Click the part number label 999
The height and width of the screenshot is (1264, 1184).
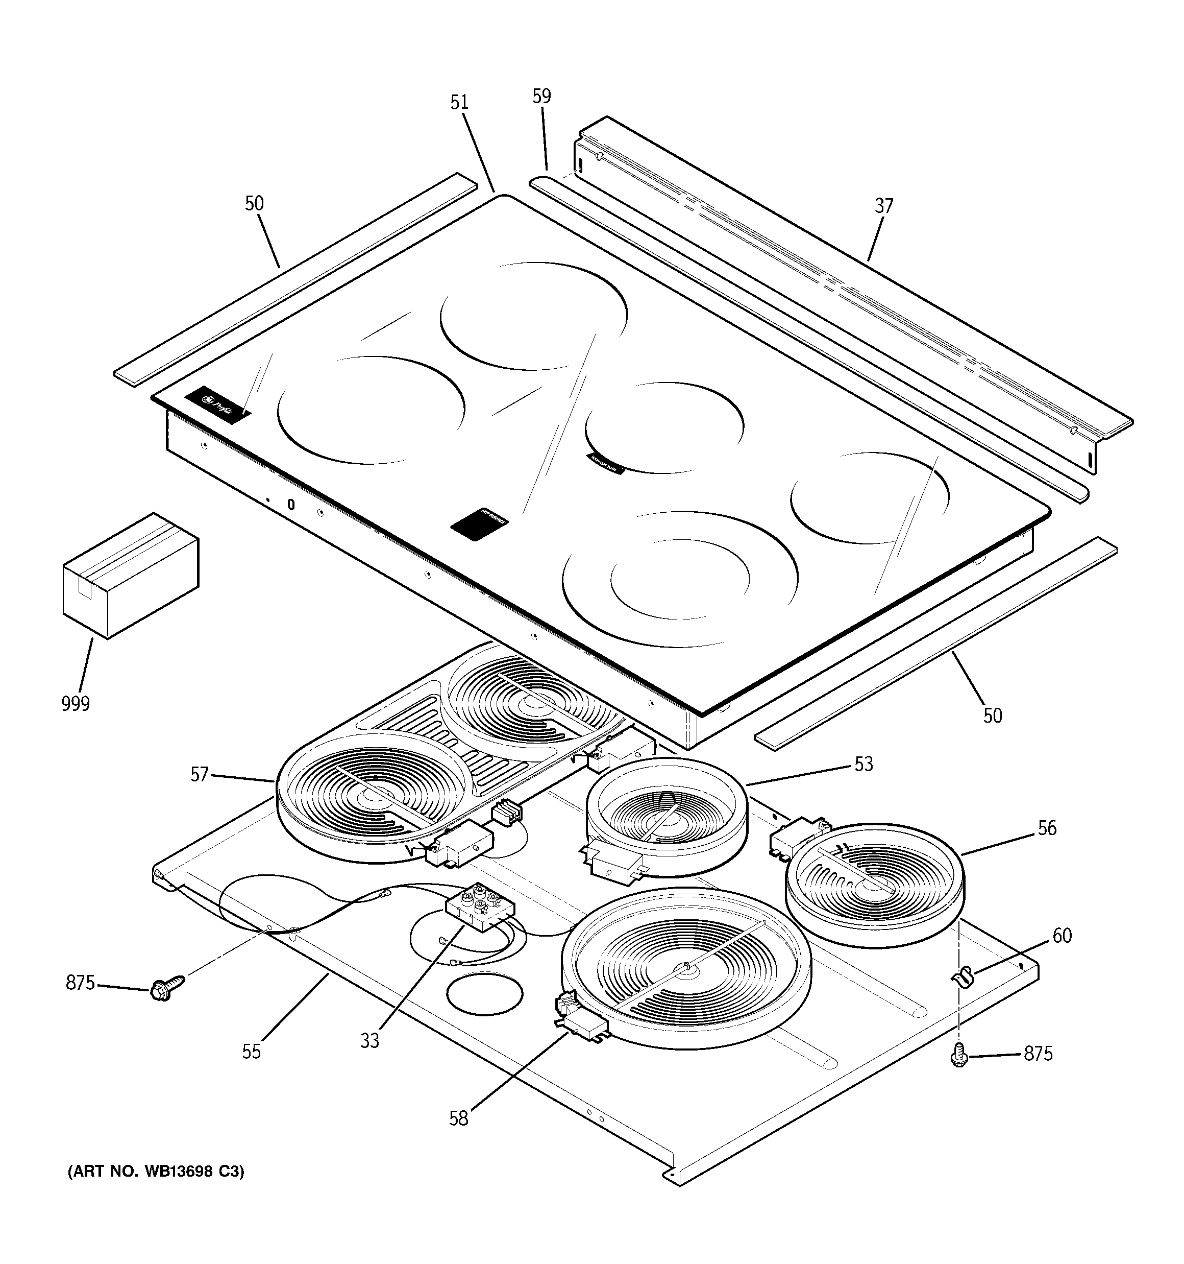pyautogui.click(x=76, y=704)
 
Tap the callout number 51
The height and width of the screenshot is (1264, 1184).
pyautogui.click(x=459, y=102)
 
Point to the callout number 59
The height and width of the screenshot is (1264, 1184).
pyautogui.click(x=541, y=97)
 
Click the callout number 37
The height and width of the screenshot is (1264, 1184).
pyautogui.click(x=884, y=206)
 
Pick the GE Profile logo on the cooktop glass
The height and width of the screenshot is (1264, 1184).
pyautogui.click(x=218, y=404)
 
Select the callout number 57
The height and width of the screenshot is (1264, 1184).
pyautogui.click(x=200, y=774)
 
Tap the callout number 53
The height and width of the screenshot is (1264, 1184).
pyautogui.click(x=864, y=764)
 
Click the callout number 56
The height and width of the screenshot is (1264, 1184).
pyautogui.click(x=1047, y=828)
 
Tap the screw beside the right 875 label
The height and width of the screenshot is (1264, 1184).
pyautogui.click(x=959, y=1057)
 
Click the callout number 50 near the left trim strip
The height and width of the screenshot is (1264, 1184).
pyautogui.click(x=254, y=203)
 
